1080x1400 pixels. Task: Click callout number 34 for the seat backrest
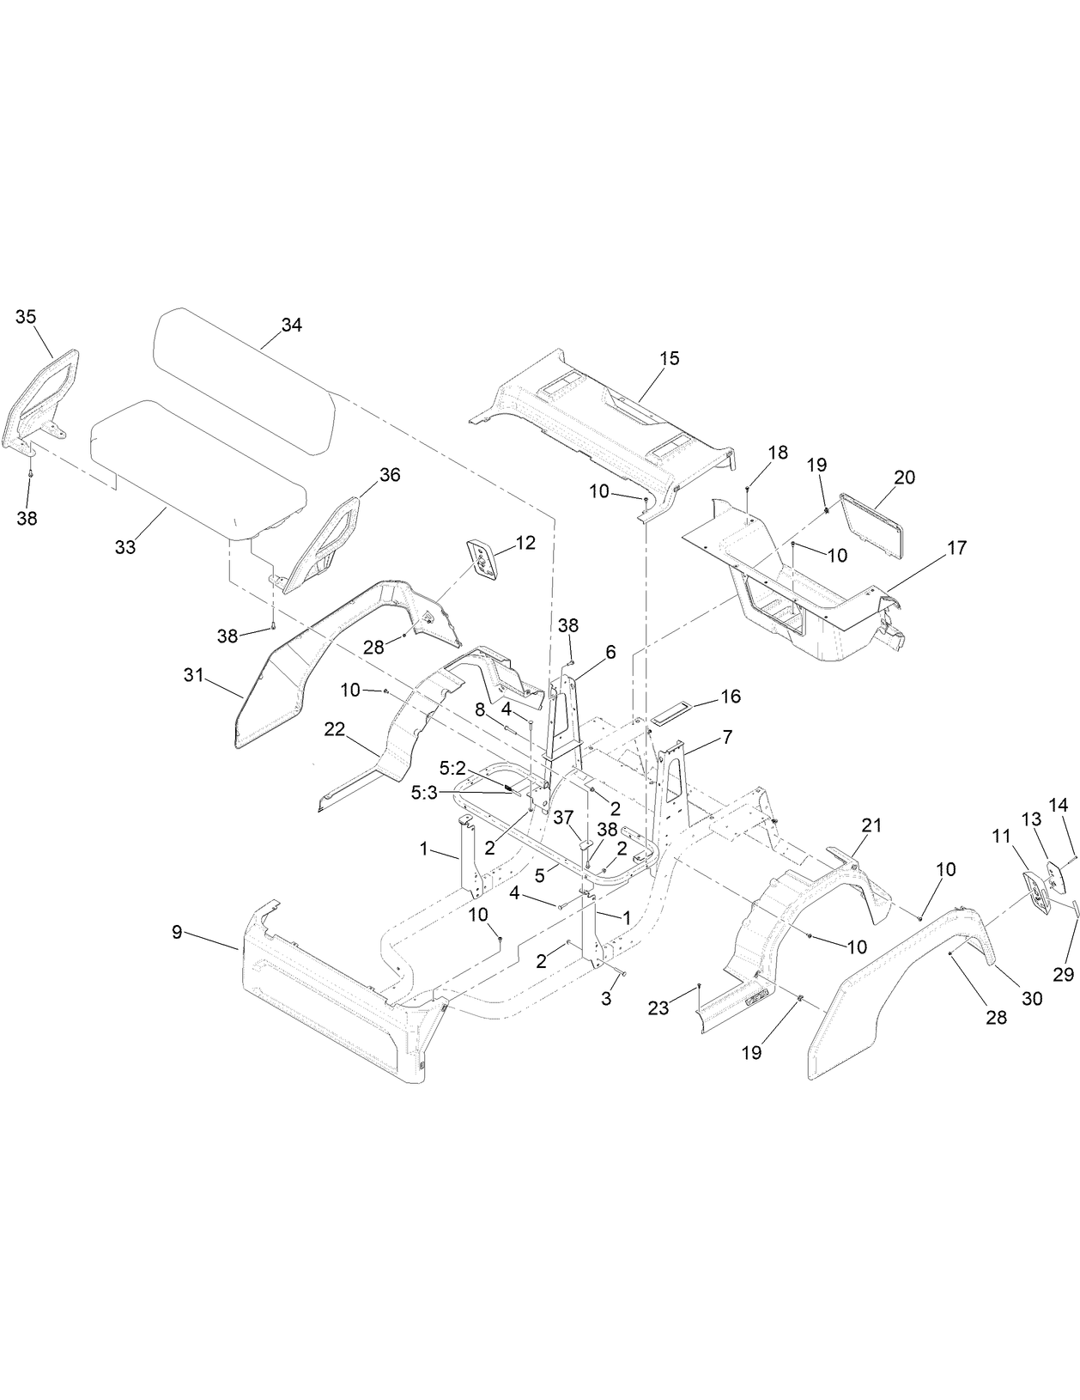(x=292, y=326)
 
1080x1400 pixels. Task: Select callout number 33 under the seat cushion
(x=125, y=547)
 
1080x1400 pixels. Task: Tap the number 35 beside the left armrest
(x=26, y=316)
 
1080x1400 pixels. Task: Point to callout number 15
(x=669, y=358)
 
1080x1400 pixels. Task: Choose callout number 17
(x=956, y=547)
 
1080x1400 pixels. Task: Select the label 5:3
(x=425, y=793)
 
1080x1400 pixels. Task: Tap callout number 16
(x=730, y=696)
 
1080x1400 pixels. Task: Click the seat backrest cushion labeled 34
(x=240, y=361)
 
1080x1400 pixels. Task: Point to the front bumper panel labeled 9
(x=326, y=988)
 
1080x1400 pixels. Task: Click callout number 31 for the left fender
(x=193, y=676)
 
